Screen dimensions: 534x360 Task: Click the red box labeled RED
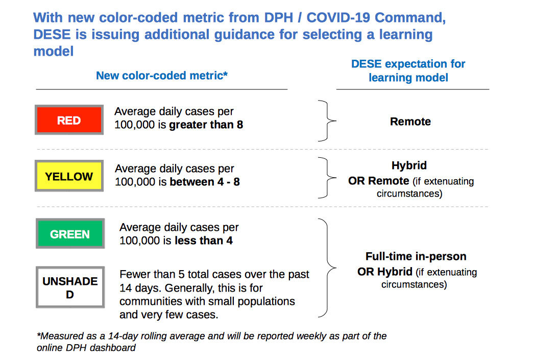coord(69,119)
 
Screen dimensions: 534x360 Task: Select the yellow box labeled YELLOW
coord(69,176)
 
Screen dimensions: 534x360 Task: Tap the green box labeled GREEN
coord(70,233)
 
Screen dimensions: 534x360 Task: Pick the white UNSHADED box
coord(70,287)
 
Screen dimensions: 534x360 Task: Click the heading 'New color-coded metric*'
coord(162,75)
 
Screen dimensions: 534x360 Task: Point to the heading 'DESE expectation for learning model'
coord(408,70)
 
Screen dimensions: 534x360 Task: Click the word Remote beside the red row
coord(410,121)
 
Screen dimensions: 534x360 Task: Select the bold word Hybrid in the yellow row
coord(409,165)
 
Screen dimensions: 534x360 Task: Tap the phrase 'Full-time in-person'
coord(416,256)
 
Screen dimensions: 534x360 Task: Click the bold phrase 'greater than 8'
coord(206,125)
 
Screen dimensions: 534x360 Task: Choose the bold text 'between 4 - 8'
coord(205,182)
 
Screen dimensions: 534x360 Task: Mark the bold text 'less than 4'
coord(204,241)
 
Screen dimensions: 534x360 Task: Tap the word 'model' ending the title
coord(54,51)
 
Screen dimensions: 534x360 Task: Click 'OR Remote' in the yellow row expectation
coord(379,181)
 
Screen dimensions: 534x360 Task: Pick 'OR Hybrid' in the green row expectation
coord(385,272)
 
